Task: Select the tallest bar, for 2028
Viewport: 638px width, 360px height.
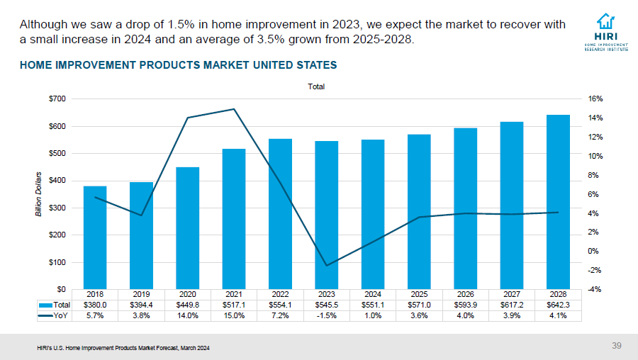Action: tap(558, 201)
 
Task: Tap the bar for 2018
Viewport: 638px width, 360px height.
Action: tap(95, 237)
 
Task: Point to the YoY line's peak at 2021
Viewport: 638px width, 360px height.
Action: tap(234, 109)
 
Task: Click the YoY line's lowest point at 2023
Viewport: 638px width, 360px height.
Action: tap(327, 266)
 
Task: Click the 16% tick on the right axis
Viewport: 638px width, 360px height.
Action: tap(595, 99)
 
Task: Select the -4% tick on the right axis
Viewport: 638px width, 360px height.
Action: tap(594, 289)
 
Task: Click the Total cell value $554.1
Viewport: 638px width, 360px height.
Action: tap(280, 305)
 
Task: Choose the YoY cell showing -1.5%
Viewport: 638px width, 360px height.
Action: tap(327, 316)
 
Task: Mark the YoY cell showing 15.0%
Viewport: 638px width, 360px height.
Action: tap(234, 316)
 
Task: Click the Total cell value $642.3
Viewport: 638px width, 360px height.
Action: tap(558, 305)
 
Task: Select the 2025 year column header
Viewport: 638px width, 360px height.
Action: tap(419, 293)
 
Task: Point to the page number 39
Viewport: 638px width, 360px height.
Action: tap(616, 346)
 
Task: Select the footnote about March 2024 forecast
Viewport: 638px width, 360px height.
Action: tap(124, 348)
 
